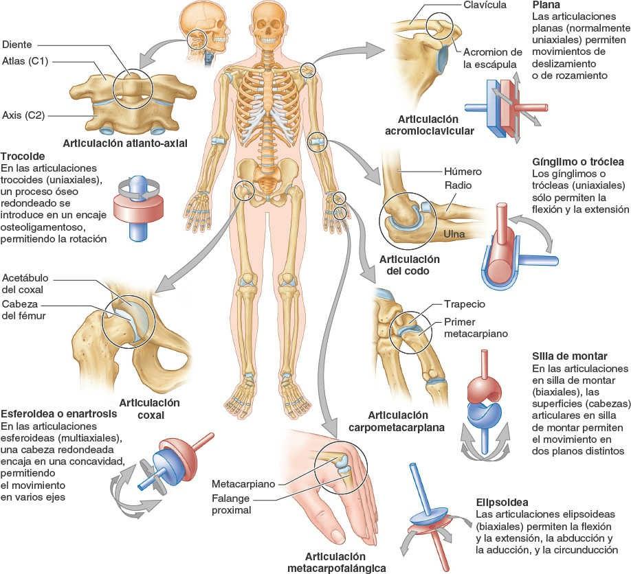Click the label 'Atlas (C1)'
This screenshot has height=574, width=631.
(25, 61)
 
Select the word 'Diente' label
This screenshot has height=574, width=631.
(17, 45)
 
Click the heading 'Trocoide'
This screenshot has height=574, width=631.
(23, 156)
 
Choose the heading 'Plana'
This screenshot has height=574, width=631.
(546, 5)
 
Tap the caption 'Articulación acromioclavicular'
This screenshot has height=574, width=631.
(431, 124)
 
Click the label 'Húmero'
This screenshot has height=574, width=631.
(464, 172)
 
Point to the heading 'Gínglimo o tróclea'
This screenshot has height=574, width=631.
(578, 162)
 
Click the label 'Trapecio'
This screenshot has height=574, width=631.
(465, 304)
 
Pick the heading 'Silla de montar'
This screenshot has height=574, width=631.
(569, 356)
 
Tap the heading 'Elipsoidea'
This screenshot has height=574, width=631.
(501, 502)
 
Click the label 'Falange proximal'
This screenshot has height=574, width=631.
(232, 503)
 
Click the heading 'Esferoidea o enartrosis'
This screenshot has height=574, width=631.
(58, 415)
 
